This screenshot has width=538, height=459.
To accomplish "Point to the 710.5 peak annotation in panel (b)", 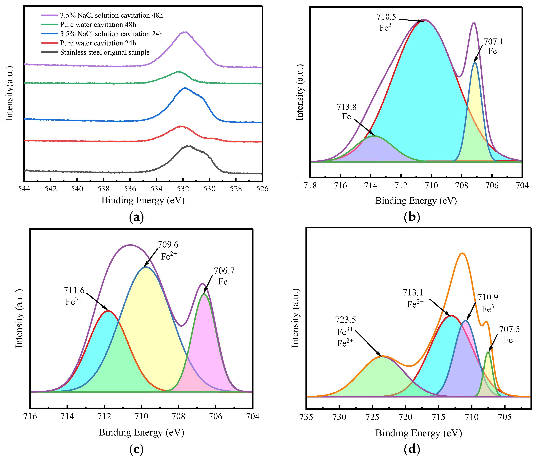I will pos(386,17).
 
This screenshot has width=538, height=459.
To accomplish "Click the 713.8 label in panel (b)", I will pos(346,107).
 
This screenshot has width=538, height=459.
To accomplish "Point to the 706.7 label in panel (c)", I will pos(224,271).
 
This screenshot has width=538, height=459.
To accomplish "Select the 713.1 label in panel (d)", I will pos(413,293).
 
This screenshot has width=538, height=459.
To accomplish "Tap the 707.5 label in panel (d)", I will pos(509,329).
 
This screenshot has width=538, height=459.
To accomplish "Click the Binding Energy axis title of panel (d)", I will pos(419,433).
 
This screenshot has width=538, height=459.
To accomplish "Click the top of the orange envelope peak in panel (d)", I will pos(462,253).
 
